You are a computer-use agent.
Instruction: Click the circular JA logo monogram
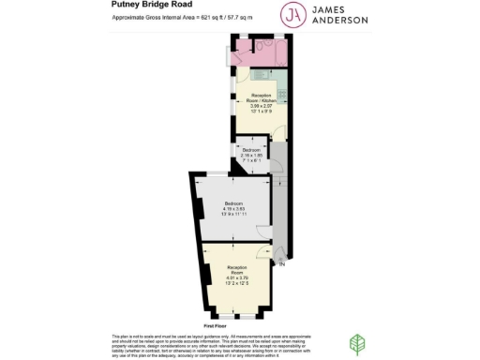pyautogui.click(x=292, y=13)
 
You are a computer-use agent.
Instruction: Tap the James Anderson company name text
pyautogui.click(x=346, y=13)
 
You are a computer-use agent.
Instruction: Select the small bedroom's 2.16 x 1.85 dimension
pyautogui.click(x=250, y=156)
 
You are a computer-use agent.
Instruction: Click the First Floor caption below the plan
pyautogui.click(x=216, y=324)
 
